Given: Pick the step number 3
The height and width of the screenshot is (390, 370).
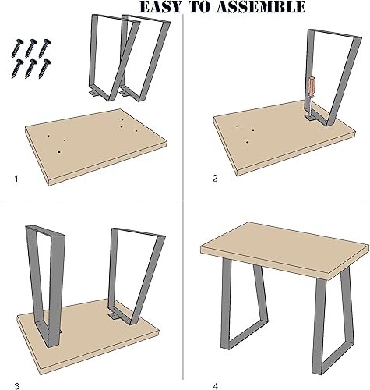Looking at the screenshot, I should pyautogui.click(x=16, y=364).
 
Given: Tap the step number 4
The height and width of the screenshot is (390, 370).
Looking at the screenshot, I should pyautogui.click(x=216, y=364).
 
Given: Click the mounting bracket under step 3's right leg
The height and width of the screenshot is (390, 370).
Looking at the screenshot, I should pyautogui.click(x=115, y=314).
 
